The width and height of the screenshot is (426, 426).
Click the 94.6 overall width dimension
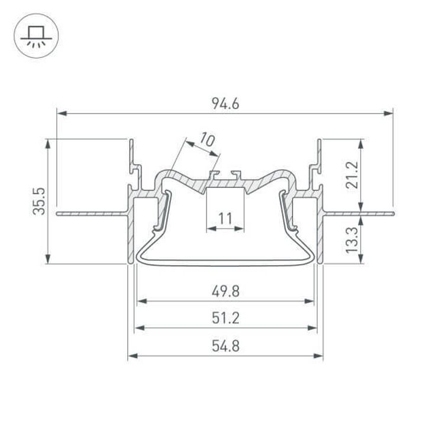(x=225, y=104)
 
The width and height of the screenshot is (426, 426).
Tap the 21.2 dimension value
(x=353, y=174)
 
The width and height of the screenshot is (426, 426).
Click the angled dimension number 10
(x=206, y=140)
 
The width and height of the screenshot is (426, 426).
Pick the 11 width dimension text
(x=225, y=220)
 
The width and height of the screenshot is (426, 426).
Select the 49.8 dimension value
(x=225, y=291)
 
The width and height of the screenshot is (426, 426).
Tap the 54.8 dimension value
(x=225, y=346)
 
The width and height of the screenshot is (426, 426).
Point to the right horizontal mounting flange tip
(x=391, y=209)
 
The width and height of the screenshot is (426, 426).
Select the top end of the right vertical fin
(x=320, y=140)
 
